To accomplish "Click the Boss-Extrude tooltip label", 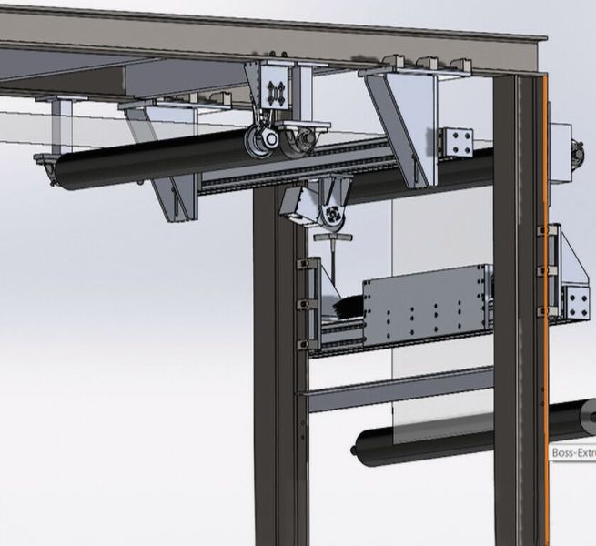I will pyautogui.click(x=573, y=451).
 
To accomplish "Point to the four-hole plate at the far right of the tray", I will pyautogui.click(x=576, y=299).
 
